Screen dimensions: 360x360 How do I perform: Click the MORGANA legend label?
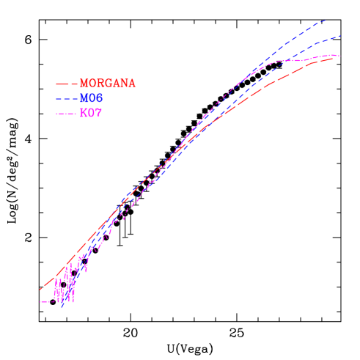pos(108,84)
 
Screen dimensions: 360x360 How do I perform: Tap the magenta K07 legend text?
pos(91,113)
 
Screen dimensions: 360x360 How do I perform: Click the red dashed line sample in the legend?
pos(66,84)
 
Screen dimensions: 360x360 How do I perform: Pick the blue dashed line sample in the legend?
pos(66,98)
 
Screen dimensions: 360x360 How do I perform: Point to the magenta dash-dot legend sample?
pos(66,113)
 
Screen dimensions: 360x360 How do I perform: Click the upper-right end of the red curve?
pos(334,57)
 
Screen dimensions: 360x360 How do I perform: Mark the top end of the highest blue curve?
pos(326,20)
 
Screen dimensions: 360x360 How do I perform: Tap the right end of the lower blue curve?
pos(341,36)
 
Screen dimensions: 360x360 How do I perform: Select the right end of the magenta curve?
pos(339,56)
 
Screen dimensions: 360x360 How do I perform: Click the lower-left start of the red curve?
pos(40,290)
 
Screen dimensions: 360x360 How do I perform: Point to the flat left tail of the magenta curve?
pos(44,301)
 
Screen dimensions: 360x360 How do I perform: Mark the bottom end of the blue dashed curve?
pos(62,306)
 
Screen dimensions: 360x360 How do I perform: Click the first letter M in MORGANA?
pos(84,84)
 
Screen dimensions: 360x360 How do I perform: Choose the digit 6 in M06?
pos(99,98)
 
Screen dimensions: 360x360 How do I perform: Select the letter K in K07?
pos(83,113)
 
